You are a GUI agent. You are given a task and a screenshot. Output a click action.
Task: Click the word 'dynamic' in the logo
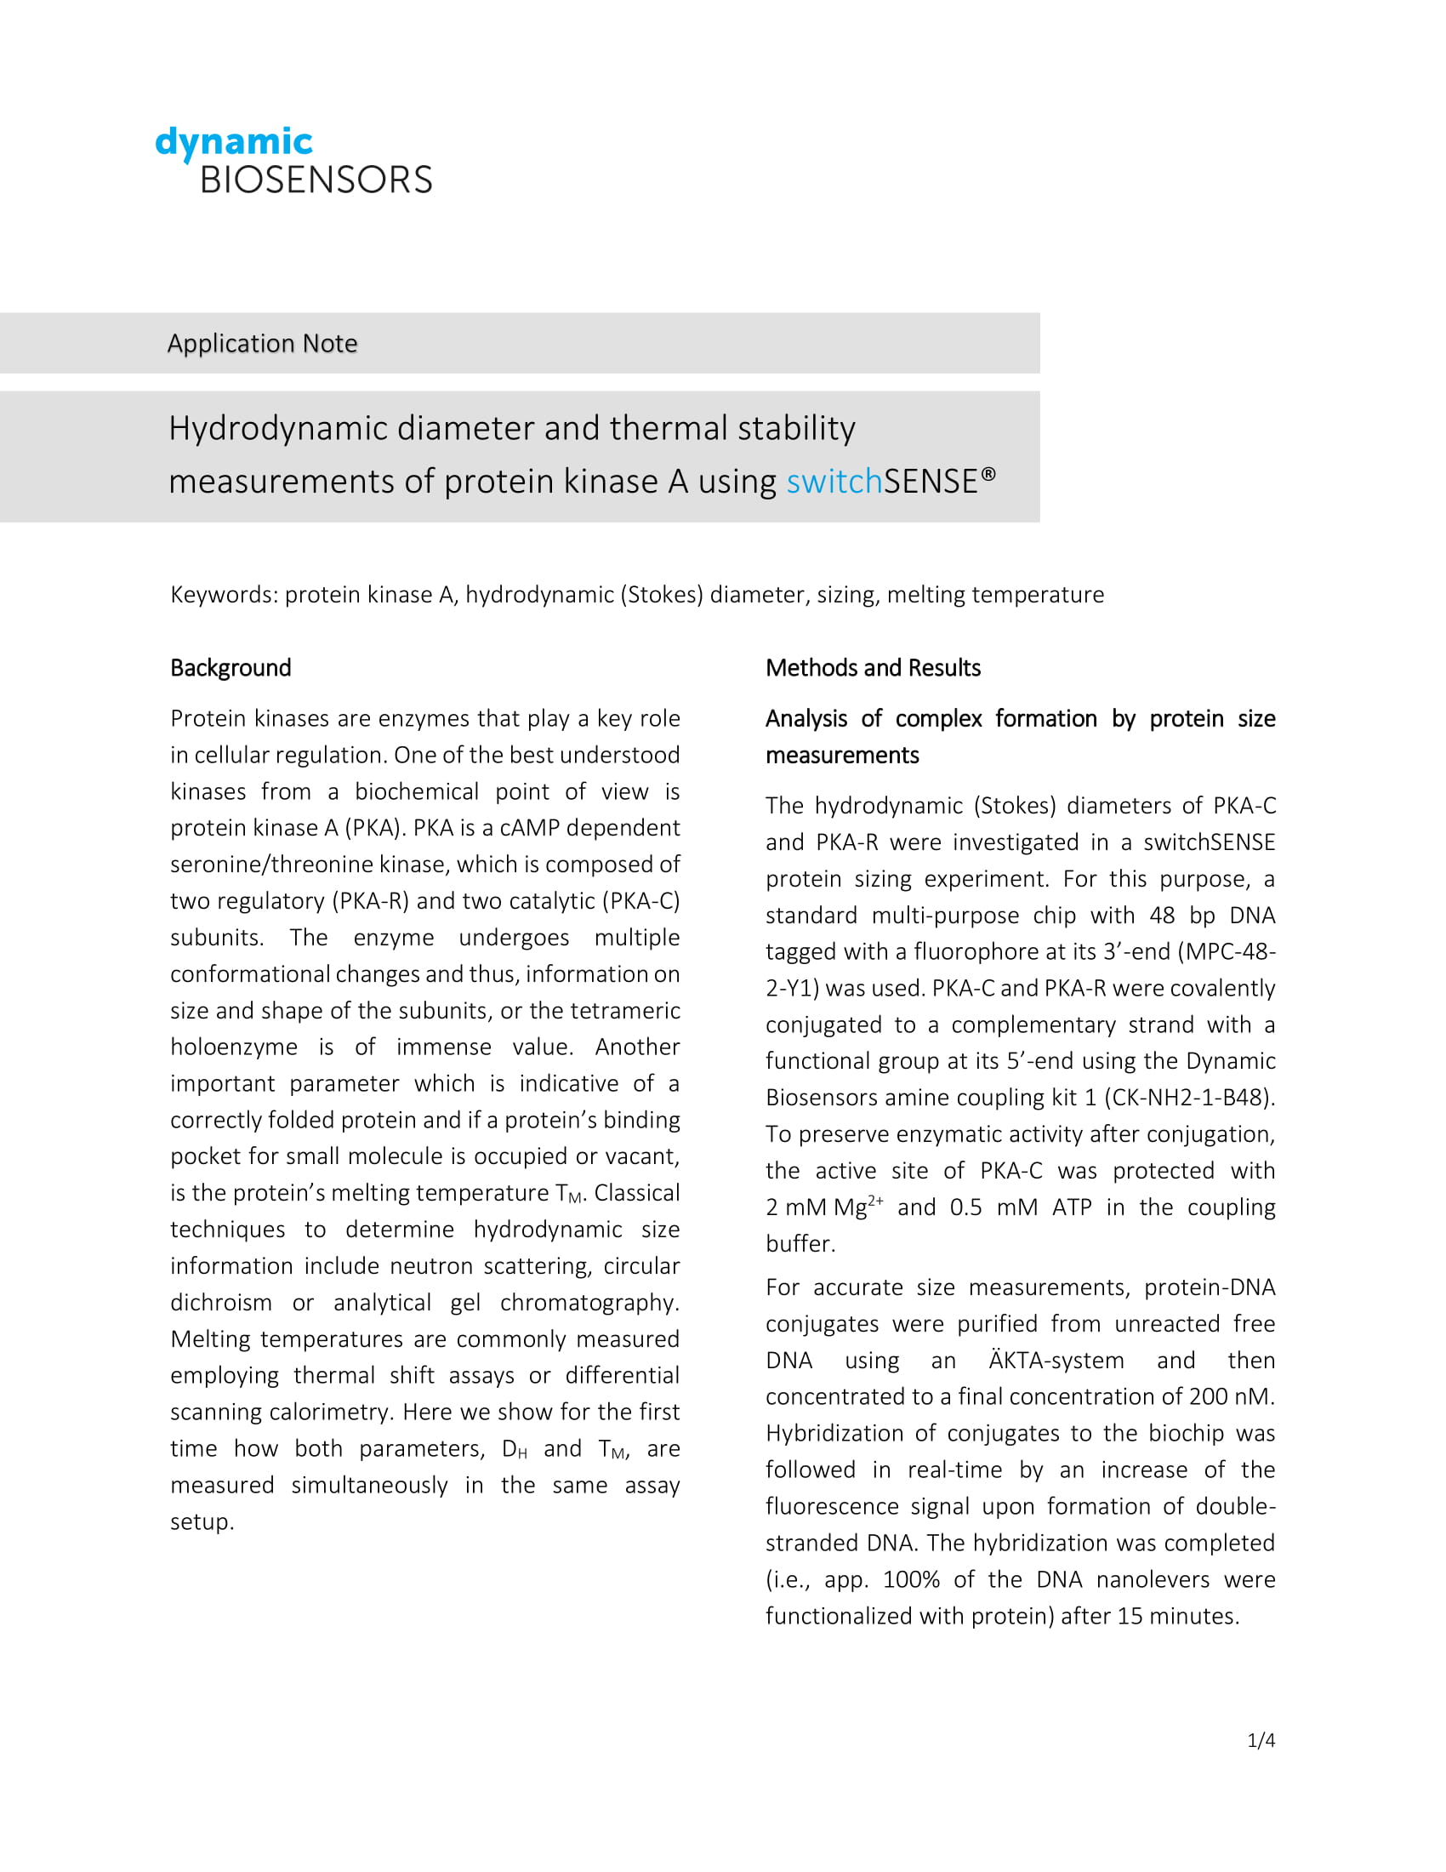pos(233,142)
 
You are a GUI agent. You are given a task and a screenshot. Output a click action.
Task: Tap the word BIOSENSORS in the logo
pos(316,180)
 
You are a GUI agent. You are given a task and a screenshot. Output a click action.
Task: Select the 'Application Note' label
pos(262,343)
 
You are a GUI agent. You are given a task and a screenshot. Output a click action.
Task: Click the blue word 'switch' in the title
pos(834,482)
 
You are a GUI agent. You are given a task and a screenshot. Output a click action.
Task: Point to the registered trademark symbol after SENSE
pos(988,473)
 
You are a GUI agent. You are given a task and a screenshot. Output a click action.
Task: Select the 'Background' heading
pos(231,668)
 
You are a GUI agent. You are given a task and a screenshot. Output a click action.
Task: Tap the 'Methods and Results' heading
pos(873,668)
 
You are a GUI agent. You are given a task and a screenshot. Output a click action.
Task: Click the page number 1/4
pos(1261,1740)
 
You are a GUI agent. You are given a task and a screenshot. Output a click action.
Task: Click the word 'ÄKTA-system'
pos(1056,1361)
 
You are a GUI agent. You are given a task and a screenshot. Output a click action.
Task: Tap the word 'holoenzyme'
pos(234,1047)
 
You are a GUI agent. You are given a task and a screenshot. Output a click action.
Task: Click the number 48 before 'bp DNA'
pos(1163,916)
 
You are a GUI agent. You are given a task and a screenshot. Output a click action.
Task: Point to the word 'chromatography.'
pos(589,1302)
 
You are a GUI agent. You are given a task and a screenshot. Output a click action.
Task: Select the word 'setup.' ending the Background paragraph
pos(202,1521)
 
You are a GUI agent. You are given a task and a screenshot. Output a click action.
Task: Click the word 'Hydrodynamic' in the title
pos(278,428)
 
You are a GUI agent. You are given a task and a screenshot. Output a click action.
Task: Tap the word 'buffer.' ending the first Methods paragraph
pos(800,1243)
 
